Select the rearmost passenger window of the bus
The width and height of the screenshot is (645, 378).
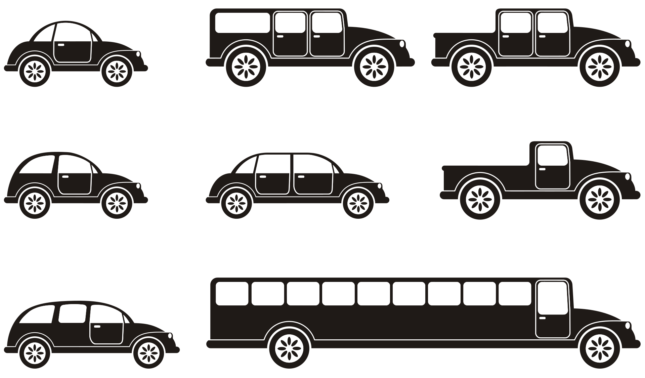[x=232, y=294]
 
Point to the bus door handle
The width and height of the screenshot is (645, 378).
[x=542, y=318]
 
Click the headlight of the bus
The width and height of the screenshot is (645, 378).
[x=627, y=325]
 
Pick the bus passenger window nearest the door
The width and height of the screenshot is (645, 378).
[x=515, y=294]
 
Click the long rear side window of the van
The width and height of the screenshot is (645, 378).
[x=243, y=23]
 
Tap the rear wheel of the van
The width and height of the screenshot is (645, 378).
[x=246, y=67]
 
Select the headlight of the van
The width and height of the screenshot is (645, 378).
[x=402, y=44]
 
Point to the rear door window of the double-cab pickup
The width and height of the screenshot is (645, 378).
[x=515, y=23]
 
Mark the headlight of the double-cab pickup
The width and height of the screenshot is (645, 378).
[x=627, y=44]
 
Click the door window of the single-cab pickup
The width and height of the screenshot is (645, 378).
[x=553, y=155]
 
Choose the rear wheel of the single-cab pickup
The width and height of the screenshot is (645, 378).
[x=480, y=200]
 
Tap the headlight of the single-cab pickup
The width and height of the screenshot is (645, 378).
[x=627, y=176]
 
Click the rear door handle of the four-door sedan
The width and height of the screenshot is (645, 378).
[x=263, y=176]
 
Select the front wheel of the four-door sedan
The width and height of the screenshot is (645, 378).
[x=358, y=203]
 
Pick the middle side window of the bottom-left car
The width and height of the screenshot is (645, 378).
[x=73, y=314]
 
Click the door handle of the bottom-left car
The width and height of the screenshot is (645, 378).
[x=97, y=326]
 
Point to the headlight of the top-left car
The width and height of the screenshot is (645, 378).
[x=138, y=54]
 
